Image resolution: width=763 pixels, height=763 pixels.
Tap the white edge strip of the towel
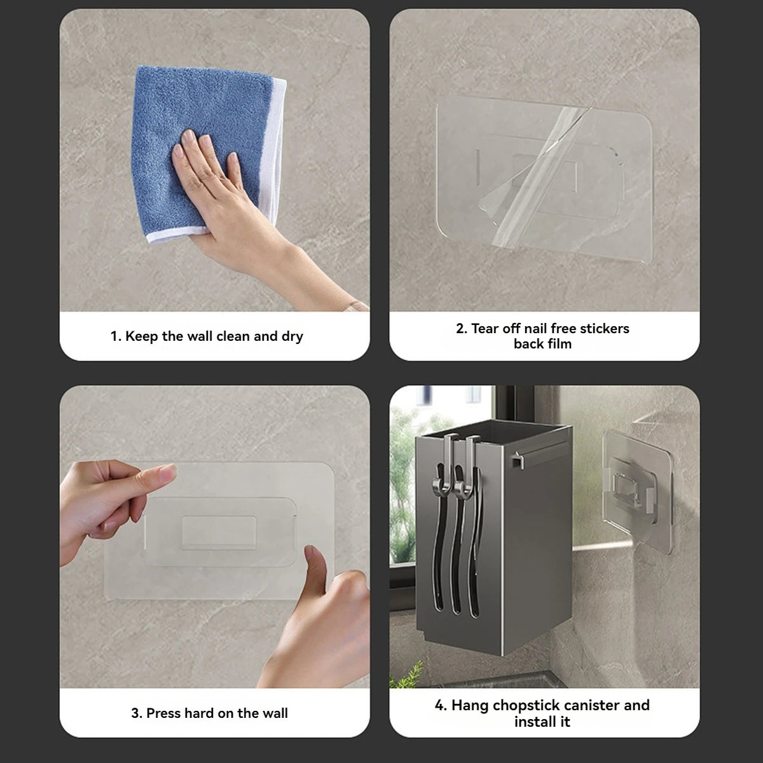click(x=273, y=151)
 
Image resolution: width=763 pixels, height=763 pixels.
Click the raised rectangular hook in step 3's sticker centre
click(x=219, y=533)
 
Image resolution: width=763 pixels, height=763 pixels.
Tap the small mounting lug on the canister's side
click(x=517, y=460)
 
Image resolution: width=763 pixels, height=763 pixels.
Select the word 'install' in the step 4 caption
click(x=533, y=722)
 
